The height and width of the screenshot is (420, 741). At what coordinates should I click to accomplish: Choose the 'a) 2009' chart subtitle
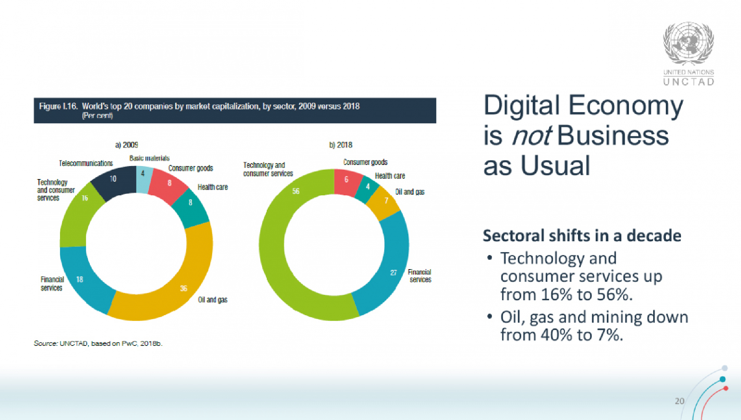click(127, 145)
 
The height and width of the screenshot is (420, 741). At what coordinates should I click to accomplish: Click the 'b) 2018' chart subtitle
click(340, 145)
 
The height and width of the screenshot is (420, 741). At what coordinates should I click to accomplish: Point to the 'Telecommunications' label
click(86, 163)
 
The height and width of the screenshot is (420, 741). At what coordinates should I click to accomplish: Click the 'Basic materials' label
click(149, 158)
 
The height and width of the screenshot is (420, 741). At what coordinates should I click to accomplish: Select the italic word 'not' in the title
click(531, 136)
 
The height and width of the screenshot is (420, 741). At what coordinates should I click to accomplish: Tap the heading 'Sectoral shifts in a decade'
click(582, 236)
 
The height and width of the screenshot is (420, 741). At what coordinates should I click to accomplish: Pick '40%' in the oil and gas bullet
click(556, 335)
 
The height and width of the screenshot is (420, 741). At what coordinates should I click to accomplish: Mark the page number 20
click(679, 401)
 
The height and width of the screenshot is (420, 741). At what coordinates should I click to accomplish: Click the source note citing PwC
click(98, 343)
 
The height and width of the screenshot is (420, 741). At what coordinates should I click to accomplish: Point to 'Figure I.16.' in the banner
click(58, 106)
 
